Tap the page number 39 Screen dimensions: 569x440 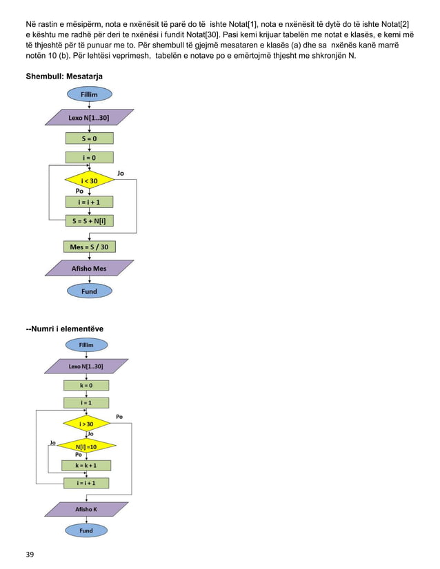(30, 554)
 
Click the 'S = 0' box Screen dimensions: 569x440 (89, 138)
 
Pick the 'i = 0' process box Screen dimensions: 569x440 (89, 157)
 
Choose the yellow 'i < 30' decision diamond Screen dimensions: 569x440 (89, 180)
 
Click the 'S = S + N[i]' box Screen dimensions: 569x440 (89, 221)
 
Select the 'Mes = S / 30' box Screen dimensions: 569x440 (89, 246)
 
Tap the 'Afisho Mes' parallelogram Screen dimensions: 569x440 (89, 268)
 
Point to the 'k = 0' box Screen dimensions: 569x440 (86, 385)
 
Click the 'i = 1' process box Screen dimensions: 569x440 (86, 402)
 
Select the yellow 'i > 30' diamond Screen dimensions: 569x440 (86, 423)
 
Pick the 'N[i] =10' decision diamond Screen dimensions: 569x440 (86, 446)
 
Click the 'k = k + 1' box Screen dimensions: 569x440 (86, 465)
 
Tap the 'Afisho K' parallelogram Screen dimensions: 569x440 (86, 509)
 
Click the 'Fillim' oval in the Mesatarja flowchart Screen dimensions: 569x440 (89, 94)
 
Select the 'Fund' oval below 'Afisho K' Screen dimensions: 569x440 (86, 530)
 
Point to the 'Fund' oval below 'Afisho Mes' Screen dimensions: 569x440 (89, 291)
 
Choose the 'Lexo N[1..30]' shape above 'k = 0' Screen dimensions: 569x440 (86, 366)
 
